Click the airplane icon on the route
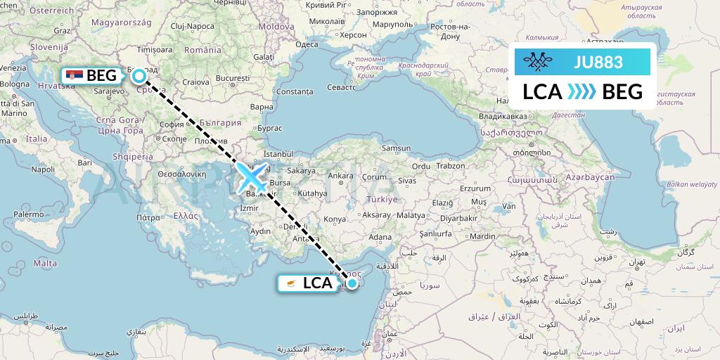tap(252, 177)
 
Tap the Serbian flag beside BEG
tap(74, 75)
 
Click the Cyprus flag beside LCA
tap(290, 283)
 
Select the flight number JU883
tap(598, 62)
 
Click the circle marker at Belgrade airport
tap(139, 75)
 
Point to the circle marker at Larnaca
tap(352, 283)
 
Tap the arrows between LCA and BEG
tap(581, 91)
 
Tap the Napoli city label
tap(42, 169)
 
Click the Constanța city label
tap(295, 91)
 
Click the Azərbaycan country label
tap(588, 177)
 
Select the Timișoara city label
tap(155, 51)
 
